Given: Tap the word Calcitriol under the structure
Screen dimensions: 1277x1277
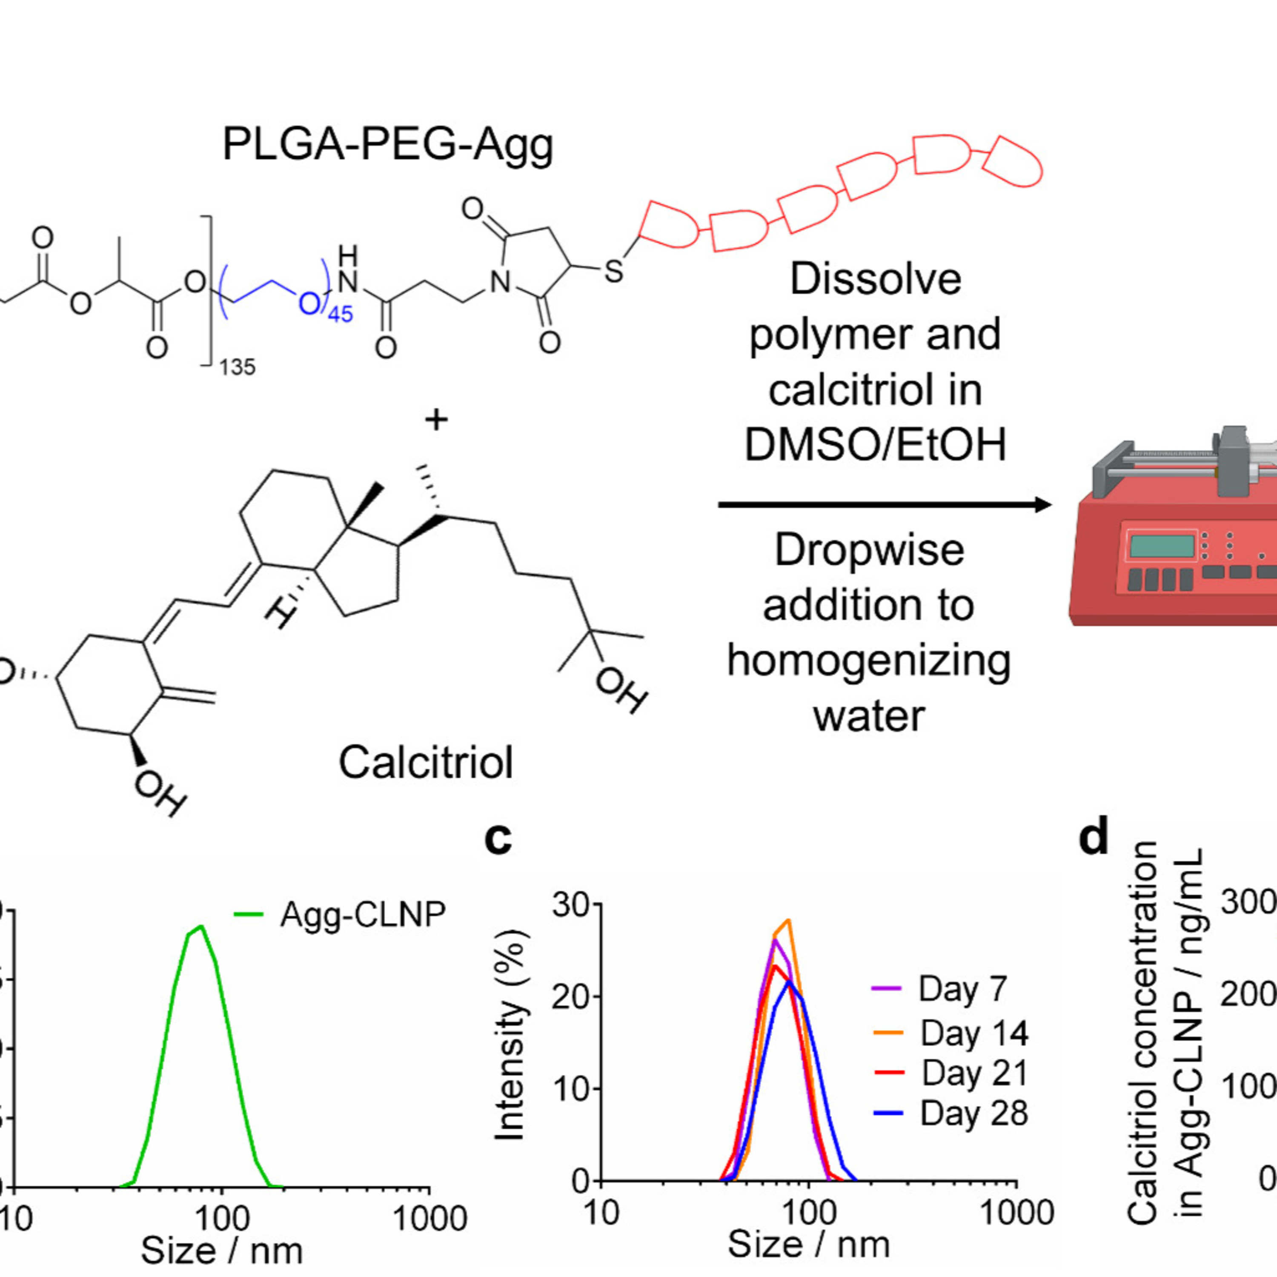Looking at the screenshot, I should (426, 762).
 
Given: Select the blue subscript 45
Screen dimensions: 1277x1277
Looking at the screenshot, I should (341, 313).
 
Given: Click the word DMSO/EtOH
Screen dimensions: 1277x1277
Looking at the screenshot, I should (875, 444).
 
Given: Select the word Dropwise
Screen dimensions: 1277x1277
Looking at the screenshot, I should (869, 550).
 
